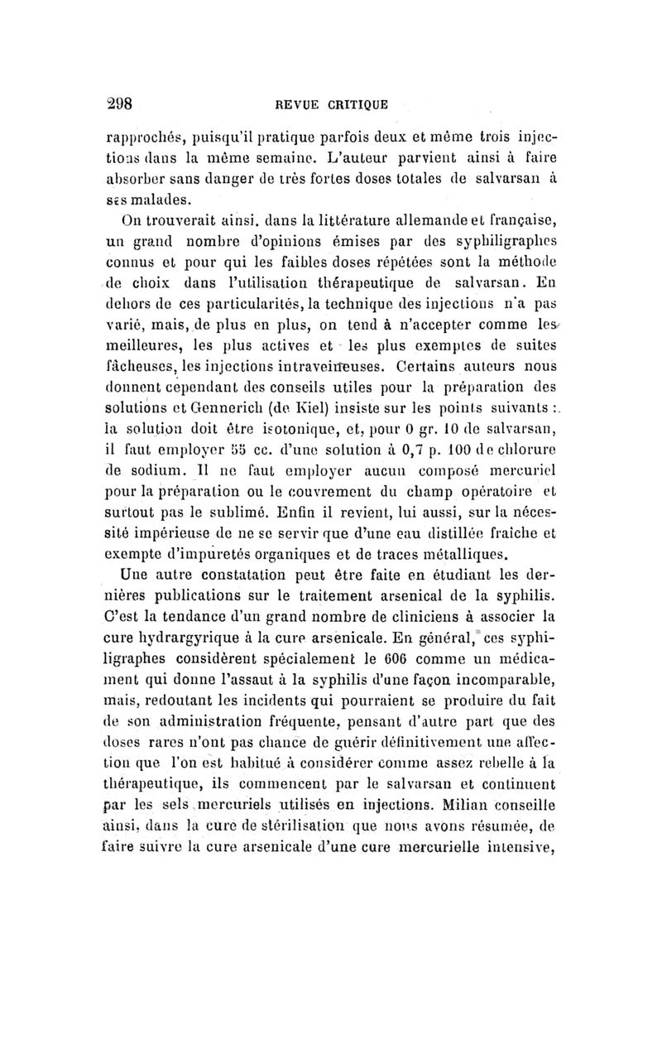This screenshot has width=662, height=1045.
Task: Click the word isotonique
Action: pos(281,428)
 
